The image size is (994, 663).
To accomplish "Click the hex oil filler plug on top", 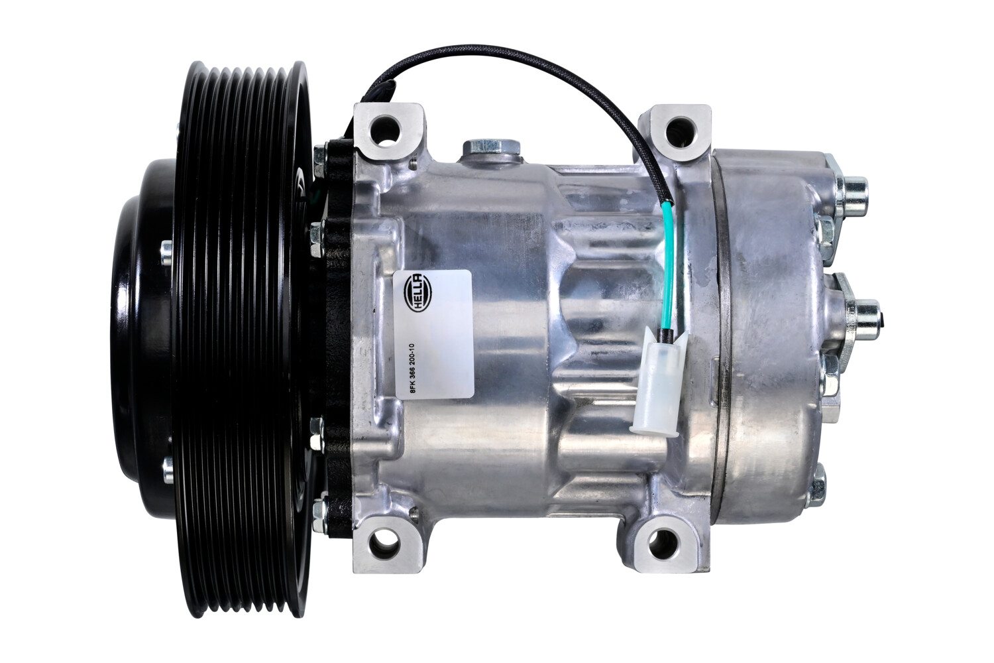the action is point(491,148).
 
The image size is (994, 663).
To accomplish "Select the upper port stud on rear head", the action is point(852,194).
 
